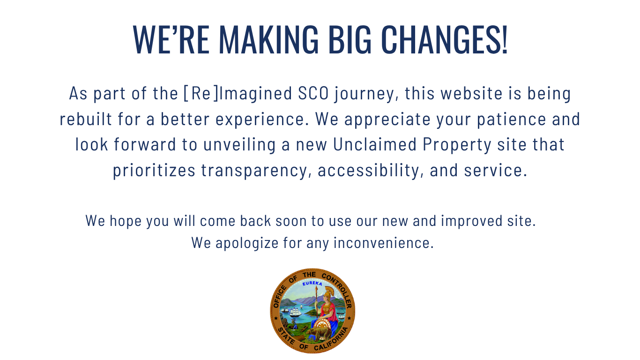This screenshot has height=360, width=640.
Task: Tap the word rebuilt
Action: tap(86, 119)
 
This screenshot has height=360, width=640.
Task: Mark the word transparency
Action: tap(256, 171)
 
